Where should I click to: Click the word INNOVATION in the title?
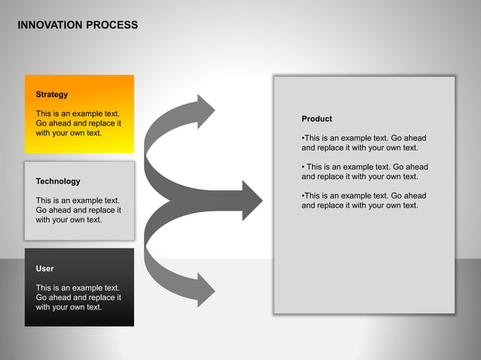click(49, 25)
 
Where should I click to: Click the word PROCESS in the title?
click(112, 25)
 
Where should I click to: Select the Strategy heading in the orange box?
click(52, 94)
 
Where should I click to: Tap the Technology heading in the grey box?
click(58, 182)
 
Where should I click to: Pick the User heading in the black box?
click(44, 268)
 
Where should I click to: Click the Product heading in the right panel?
click(317, 119)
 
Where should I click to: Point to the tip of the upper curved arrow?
click(213, 110)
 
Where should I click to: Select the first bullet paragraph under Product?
click(363, 143)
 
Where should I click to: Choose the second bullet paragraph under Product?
click(364, 172)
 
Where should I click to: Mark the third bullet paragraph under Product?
click(363, 200)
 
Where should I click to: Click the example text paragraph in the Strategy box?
click(78, 124)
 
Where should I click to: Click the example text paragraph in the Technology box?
click(78, 210)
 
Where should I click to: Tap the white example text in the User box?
click(78, 297)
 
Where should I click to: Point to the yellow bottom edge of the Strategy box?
click(79, 149)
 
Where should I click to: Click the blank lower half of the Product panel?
click(364, 264)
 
